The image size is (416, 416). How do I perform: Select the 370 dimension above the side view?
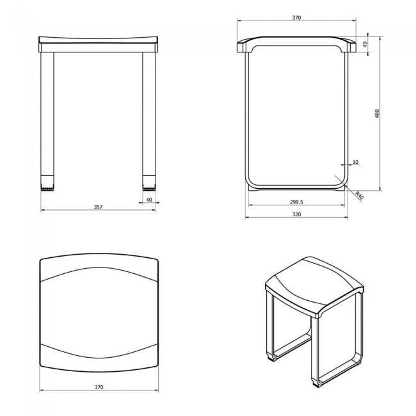[x=296, y=19]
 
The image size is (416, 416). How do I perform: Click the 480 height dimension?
[x=378, y=113]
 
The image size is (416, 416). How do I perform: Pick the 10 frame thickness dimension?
[x=356, y=162]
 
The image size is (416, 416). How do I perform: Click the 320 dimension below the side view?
[x=296, y=215]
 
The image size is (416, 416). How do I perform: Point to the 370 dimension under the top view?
[x=99, y=388]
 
